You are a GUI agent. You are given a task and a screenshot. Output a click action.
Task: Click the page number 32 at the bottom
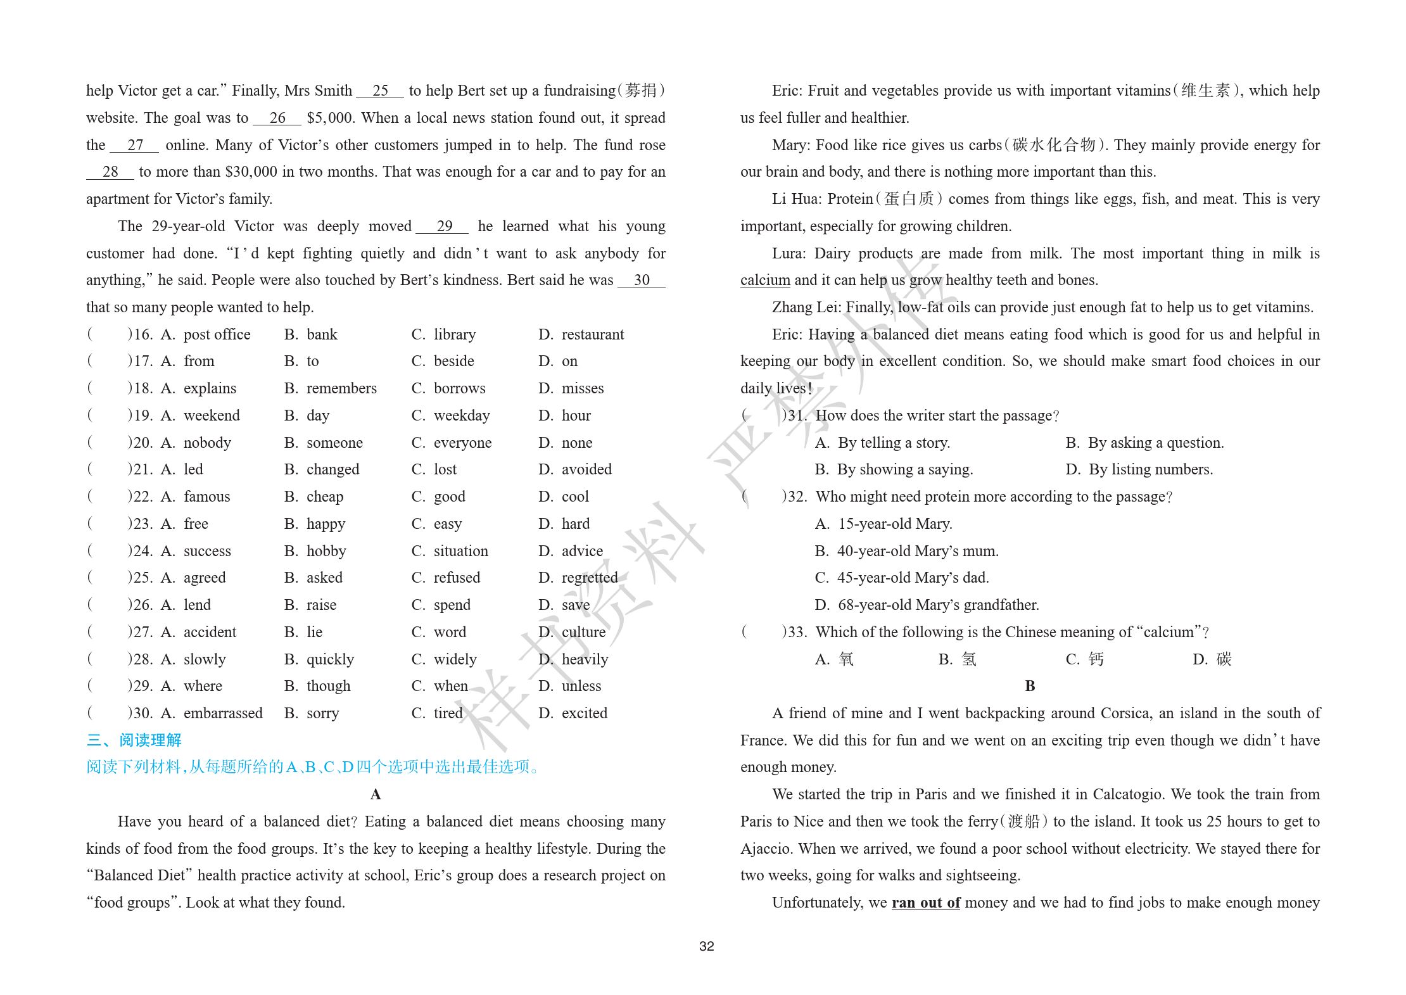706,946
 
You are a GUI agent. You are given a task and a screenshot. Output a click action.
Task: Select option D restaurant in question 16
592,334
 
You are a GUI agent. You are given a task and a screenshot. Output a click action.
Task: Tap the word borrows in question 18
459,388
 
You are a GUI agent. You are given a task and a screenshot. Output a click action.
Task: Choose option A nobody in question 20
207,443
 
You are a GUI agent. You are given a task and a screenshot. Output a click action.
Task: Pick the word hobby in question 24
326,551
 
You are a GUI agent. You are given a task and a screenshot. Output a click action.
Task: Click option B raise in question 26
321,605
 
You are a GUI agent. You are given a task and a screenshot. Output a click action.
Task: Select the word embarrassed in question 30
223,713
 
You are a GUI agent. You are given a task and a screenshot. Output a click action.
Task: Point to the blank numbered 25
380,91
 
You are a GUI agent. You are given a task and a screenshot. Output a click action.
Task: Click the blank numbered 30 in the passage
641,281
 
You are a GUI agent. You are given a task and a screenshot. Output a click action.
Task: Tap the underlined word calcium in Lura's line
765,280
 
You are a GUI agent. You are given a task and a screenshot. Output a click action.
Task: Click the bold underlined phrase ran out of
925,903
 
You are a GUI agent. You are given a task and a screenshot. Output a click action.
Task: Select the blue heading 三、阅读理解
134,740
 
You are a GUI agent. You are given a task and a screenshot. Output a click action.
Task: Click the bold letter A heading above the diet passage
376,794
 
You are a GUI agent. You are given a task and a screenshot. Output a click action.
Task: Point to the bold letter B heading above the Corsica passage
1030,686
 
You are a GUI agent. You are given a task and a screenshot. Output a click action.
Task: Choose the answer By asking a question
1155,443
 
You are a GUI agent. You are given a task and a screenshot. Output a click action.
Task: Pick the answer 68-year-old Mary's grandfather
938,605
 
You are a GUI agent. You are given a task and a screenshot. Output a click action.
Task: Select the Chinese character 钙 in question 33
1096,659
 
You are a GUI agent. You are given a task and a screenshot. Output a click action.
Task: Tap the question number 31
796,415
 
